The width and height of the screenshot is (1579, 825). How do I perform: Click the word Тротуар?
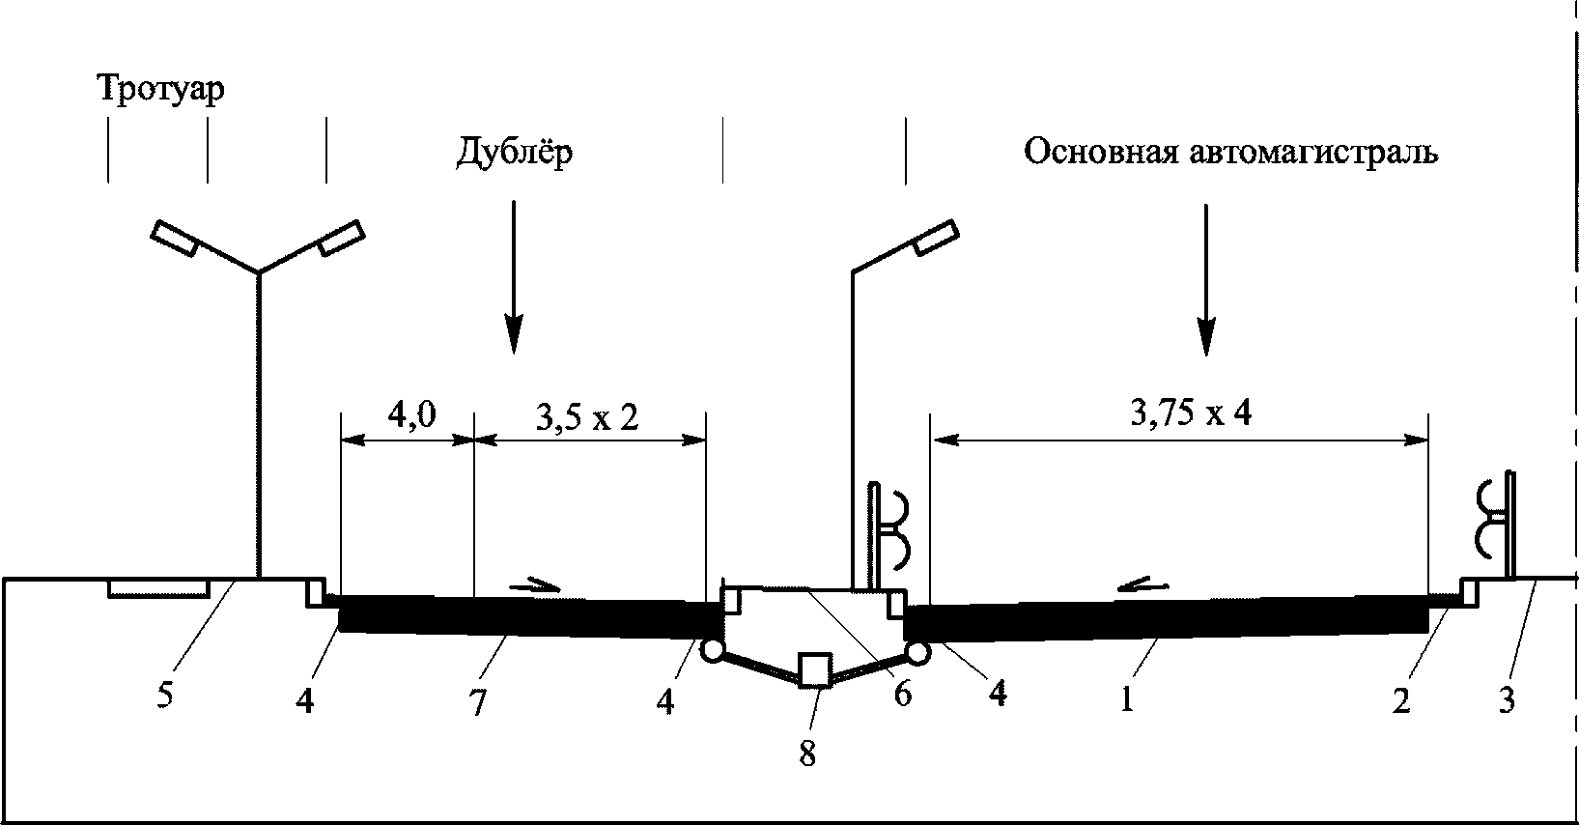tap(160, 90)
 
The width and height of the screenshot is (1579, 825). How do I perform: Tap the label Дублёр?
tap(515, 153)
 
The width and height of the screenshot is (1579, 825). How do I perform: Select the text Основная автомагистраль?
tap(1230, 153)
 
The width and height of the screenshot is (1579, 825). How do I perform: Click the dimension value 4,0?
tap(412, 415)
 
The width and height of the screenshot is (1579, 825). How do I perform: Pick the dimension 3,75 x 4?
tap(1191, 413)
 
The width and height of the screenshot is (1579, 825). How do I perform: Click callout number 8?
tap(807, 754)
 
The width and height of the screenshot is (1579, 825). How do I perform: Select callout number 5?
tap(165, 696)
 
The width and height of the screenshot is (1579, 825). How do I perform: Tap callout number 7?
tap(477, 703)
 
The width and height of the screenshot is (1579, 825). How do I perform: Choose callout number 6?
tap(902, 695)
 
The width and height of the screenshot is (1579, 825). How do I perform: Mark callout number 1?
tap(1126, 698)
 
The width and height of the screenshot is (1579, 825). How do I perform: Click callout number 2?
tap(1400, 700)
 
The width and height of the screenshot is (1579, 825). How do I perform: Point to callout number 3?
tap(1507, 698)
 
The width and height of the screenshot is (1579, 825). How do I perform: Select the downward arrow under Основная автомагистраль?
tap(1205, 280)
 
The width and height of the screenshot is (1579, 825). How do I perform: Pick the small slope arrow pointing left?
tap(1142, 583)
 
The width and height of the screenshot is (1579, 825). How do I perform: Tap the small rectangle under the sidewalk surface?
tap(157, 588)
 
